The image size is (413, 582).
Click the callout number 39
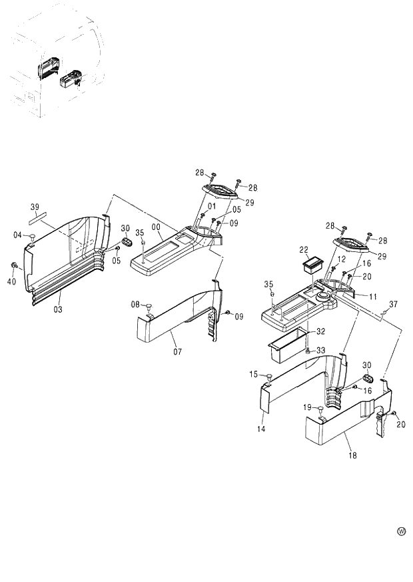pyautogui.click(x=35, y=207)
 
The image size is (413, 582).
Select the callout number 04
pyautogui.click(x=18, y=234)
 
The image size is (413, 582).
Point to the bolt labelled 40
pyautogui.click(x=13, y=266)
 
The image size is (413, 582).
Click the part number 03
pyautogui.click(x=58, y=309)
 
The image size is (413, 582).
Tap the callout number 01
pyautogui.click(x=211, y=205)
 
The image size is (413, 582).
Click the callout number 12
pyautogui.click(x=340, y=259)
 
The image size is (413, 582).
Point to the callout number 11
pyautogui.click(x=372, y=296)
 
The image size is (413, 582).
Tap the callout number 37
pyautogui.click(x=393, y=304)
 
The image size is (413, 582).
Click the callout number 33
pyautogui.click(x=320, y=351)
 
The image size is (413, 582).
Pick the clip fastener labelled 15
pyautogui.click(x=269, y=378)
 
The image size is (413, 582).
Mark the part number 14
pyautogui.click(x=261, y=430)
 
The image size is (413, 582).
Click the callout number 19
pyautogui.click(x=308, y=407)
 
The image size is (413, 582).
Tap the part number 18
pyautogui.click(x=352, y=455)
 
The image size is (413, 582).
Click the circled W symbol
pyautogui.click(x=401, y=531)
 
